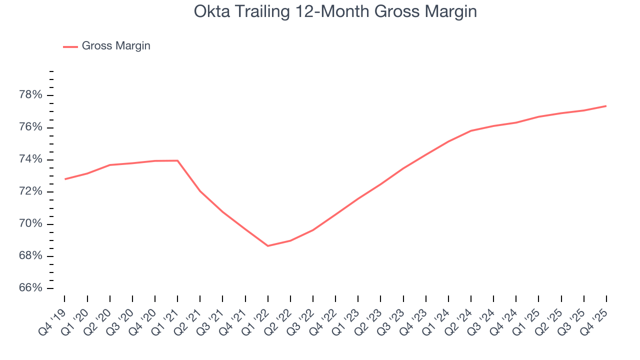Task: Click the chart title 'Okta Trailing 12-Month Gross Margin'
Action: (x=335, y=11)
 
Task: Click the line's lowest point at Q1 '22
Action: (x=268, y=246)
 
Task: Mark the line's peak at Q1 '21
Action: (x=177, y=160)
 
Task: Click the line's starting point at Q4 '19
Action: (x=65, y=179)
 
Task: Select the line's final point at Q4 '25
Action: (x=606, y=106)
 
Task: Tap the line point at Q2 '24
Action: (x=471, y=131)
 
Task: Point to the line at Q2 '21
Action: (x=200, y=191)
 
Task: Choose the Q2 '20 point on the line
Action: (x=110, y=165)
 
